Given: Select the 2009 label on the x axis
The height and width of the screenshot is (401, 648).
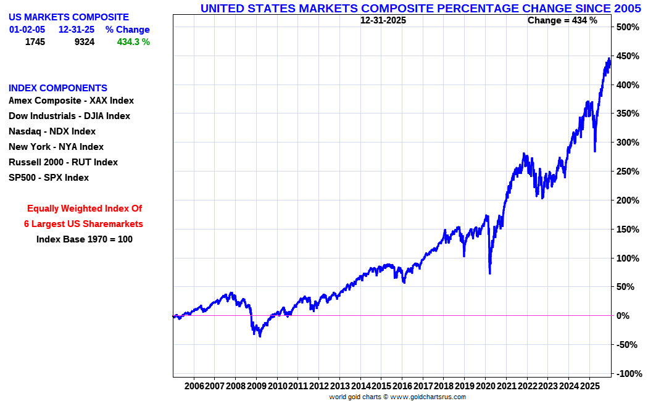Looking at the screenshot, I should (256, 386).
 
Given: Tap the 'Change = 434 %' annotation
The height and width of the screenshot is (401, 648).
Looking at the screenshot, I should (562, 20).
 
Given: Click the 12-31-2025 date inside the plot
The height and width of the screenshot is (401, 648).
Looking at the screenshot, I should (383, 20).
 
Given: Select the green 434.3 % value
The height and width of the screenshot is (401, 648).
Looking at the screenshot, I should (133, 42).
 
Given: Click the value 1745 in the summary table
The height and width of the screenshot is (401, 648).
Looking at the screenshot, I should (35, 42).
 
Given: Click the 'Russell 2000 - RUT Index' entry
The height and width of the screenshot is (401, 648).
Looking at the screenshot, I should (63, 162).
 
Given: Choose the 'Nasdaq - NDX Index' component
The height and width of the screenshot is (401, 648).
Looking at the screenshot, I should (52, 131).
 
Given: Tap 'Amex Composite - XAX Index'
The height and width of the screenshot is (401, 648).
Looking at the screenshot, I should (71, 101).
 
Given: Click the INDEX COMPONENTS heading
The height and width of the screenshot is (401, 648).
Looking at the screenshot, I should (58, 88).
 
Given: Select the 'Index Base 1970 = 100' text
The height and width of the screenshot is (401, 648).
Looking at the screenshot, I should (84, 239).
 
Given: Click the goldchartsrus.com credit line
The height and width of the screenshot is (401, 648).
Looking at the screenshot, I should (397, 397).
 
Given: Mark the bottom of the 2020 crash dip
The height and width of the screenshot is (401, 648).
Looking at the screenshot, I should (489, 273).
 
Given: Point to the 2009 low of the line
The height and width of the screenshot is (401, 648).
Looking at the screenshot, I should (260, 336).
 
